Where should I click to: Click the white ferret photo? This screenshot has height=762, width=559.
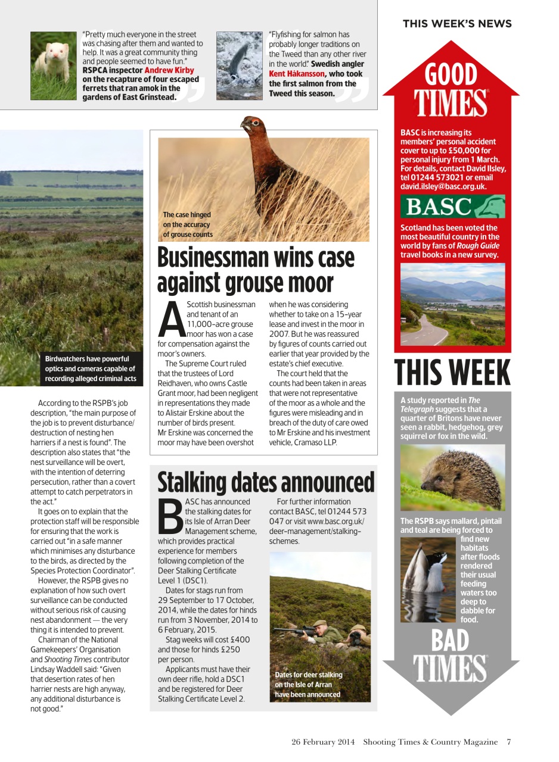(53, 65)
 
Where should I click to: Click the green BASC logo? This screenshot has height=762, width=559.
(452, 207)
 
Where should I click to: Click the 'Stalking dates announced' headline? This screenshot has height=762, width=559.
(266, 482)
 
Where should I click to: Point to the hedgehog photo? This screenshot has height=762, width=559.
(452, 477)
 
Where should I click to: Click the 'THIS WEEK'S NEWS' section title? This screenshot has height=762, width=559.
(456, 24)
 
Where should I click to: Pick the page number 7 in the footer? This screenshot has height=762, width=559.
(509, 742)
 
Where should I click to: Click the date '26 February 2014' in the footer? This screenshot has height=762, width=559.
(323, 742)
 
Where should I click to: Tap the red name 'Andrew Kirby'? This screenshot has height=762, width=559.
(169, 70)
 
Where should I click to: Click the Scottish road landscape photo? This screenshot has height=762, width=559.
(452, 304)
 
